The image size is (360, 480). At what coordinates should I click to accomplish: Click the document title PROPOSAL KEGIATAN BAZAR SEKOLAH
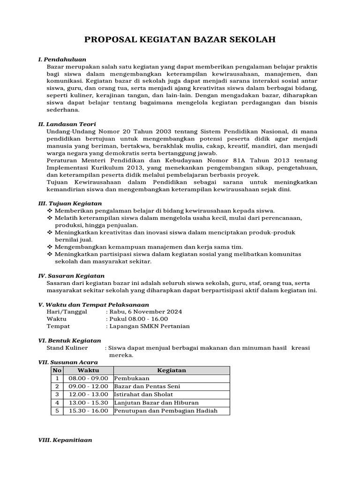point(180,40)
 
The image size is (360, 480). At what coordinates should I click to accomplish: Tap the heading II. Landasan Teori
point(67,124)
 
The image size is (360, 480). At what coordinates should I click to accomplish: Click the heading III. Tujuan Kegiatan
point(70,203)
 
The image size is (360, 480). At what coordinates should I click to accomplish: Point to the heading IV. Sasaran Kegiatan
point(71,276)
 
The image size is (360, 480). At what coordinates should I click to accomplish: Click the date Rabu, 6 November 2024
point(146,311)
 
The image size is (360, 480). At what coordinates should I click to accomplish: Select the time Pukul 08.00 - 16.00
point(138,319)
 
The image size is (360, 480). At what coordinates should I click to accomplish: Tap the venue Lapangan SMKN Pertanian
point(149,326)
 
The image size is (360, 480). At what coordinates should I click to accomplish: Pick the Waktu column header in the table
point(88,370)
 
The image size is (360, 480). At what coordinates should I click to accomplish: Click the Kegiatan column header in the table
point(172,370)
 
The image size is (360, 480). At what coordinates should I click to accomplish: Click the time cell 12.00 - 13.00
point(88,395)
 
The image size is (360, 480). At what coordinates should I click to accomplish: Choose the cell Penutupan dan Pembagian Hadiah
point(165,411)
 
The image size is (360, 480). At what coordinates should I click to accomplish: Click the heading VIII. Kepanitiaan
point(65,440)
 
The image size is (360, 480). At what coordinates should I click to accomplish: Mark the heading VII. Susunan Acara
point(67,362)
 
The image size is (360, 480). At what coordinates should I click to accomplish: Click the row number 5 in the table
point(57,411)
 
